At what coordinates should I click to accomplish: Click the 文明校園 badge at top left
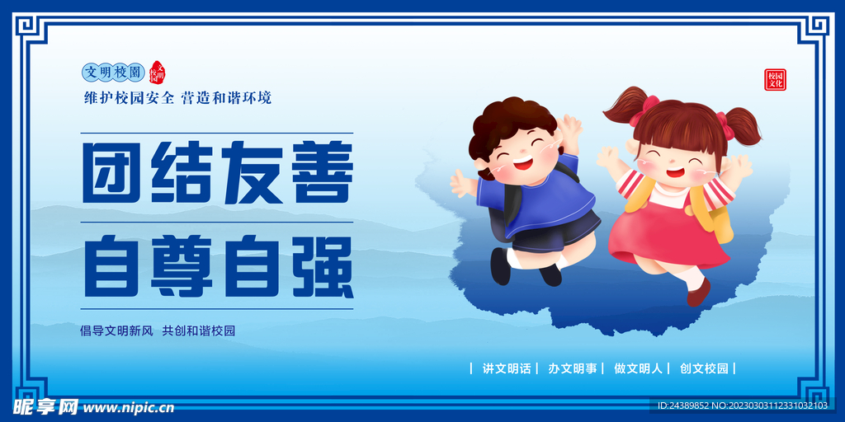click(x=114, y=73)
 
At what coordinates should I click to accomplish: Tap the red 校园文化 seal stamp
click(x=775, y=79)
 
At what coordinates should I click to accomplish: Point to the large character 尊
click(x=182, y=265)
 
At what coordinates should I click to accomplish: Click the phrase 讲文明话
click(x=506, y=368)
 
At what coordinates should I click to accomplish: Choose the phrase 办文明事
click(x=572, y=368)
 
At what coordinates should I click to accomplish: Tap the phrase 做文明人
click(x=638, y=368)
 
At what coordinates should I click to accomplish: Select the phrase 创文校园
click(x=704, y=368)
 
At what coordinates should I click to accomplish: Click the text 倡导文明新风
click(x=116, y=331)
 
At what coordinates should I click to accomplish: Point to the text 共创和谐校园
click(x=199, y=331)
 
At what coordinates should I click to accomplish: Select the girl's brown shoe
click(x=698, y=291)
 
